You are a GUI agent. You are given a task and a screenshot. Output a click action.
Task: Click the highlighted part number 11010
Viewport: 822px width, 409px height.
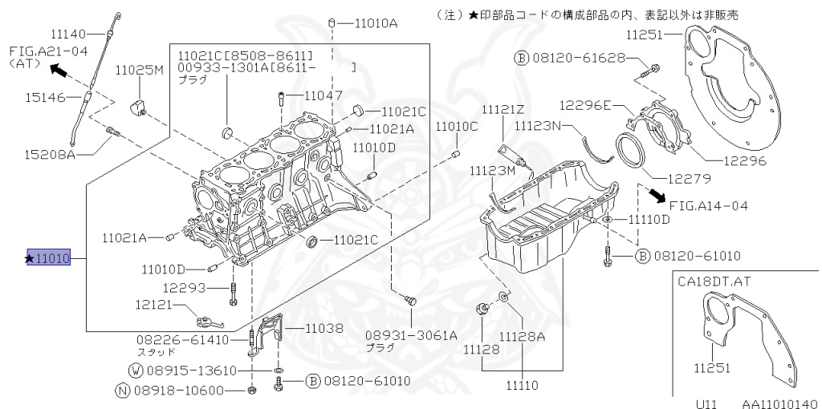(49, 258)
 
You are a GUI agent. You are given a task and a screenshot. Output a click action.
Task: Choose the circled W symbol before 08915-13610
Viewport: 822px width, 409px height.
(136, 370)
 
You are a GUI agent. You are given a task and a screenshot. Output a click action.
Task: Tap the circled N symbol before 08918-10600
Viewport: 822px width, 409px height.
(122, 391)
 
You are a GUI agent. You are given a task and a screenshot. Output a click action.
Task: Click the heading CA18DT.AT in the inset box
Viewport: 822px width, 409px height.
(714, 281)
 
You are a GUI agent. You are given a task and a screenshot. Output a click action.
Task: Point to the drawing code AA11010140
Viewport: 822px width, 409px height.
(779, 403)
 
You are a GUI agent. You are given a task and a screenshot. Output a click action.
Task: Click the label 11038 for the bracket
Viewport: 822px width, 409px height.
(324, 328)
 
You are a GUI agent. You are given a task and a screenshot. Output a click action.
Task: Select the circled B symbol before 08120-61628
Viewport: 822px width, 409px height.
(521, 58)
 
